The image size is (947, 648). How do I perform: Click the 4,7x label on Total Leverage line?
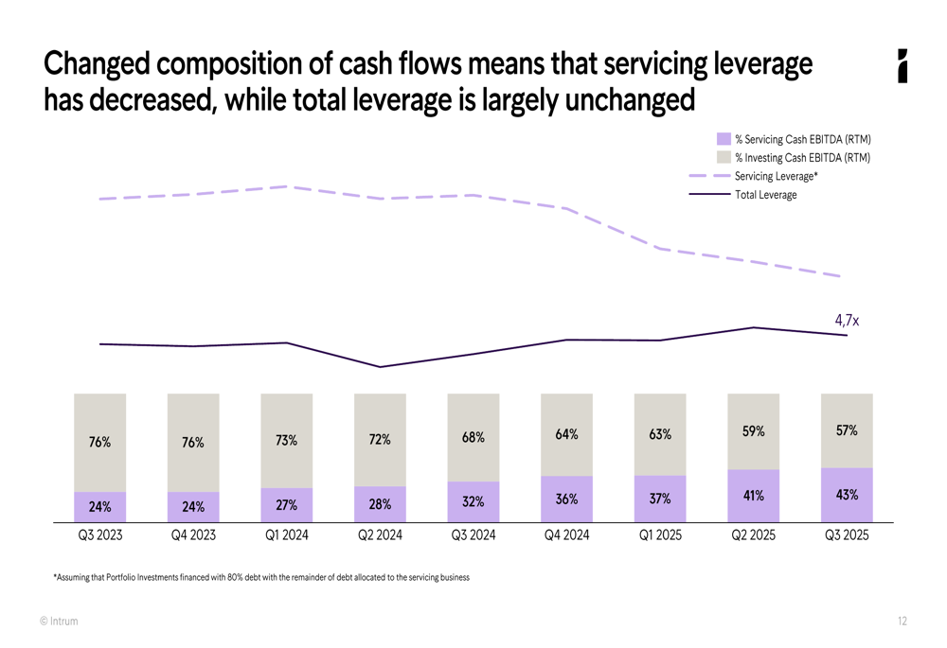[x=847, y=321]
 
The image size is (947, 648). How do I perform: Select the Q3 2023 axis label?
[x=100, y=535]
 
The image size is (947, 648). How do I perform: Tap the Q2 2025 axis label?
[x=753, y=535]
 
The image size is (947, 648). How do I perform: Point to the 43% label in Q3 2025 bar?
[x=847, y=495]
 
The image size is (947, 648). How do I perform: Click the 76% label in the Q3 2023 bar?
[x=100, y=442]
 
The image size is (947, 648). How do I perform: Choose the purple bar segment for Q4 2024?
[x=566, y=499]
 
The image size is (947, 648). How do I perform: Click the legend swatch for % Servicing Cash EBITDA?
[x=724, y=140]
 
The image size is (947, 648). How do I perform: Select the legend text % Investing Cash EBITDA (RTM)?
[x=802, y=158]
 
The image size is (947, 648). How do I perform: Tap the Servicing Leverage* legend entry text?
[x=776, y=176]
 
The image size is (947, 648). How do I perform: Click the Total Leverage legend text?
[x=765, y=195]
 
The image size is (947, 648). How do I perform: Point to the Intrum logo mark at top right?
[x=902, y=66]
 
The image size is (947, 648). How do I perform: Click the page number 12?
[x=902, y=622]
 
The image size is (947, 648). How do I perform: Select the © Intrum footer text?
[x=59, y=622]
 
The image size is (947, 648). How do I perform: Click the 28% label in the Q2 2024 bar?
[x=380, y=504]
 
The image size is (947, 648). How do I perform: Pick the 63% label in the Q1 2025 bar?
[x=660, y=434]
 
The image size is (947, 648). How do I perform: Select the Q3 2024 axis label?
[x=473, y=535]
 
